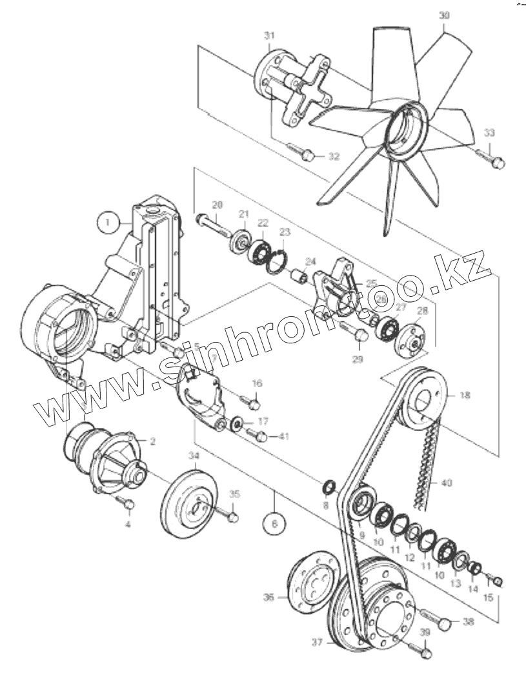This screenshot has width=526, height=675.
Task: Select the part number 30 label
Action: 443,15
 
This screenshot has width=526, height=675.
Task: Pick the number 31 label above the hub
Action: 270,35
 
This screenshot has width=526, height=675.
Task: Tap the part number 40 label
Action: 447,483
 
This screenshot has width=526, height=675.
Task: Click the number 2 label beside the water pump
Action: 153,441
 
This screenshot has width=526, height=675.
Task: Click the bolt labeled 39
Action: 422,652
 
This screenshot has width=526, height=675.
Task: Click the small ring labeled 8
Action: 327,485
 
